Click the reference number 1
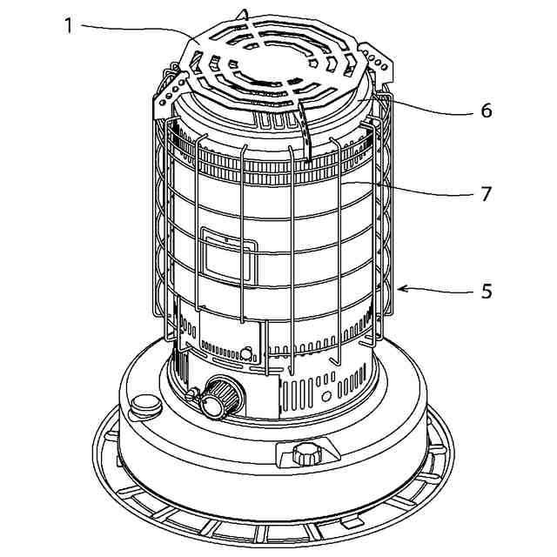tap(68, 24)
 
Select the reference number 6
tap(486, 111)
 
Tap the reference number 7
tap(486, 193)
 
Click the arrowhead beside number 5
tap(403, 287)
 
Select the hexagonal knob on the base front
tap(305, 454)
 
